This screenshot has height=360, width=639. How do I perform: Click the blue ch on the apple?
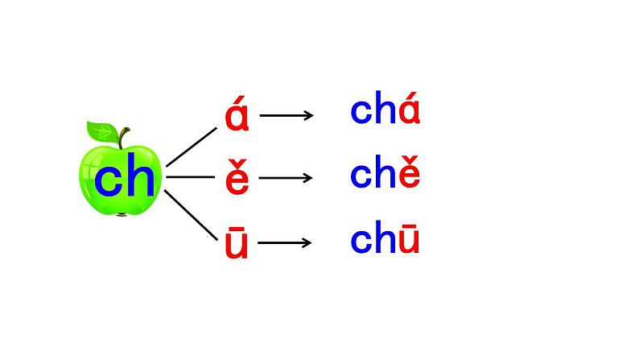[x=124, y=181]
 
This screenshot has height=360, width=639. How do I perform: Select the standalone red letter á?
[x=237, y=116]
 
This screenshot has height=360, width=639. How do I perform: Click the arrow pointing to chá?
[x=287, y=115]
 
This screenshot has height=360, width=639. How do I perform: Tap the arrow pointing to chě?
[x=287, y=177]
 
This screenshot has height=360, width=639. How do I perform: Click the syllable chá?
[x=385, y=111]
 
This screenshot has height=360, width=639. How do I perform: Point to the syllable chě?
[x=385, y=173]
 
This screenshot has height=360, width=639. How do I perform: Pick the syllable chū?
[x=385, y=239]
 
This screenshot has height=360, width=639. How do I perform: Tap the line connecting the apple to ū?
[x=190, y=212]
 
